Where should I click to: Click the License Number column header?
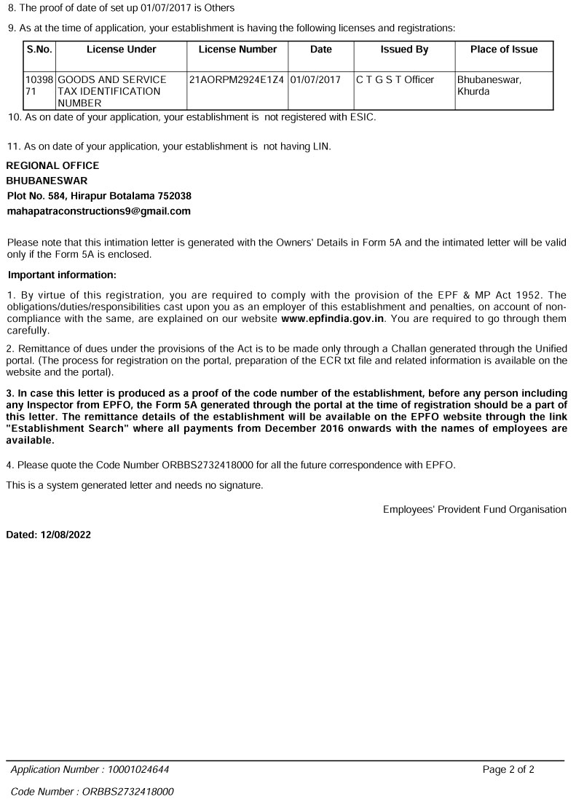click(x=237, y=50)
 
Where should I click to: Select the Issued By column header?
click(x=404, y=50)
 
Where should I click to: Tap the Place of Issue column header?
click(x=504, y=50)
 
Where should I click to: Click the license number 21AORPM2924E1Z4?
click(x=236, y=79)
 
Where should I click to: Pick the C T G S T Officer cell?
click(x=395, y=79)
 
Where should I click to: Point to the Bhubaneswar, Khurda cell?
click(x=489, y=85)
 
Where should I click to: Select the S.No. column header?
click(x=39, y=50)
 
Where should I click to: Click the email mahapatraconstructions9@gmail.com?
click(x=98, y=211)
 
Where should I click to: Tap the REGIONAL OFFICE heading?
click(x=52, y=165)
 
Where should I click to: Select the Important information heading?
click(x=62, y=275)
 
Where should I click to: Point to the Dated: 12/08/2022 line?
click(x=49, y=534)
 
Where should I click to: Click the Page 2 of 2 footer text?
click(x=508, y=769)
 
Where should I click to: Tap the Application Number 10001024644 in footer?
click(x=90, y=769)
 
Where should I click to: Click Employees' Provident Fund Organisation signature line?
click(x=474, y=510)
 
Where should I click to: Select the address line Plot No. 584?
click(x=99, y=196)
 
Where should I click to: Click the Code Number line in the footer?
click(x=92, y=791)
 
